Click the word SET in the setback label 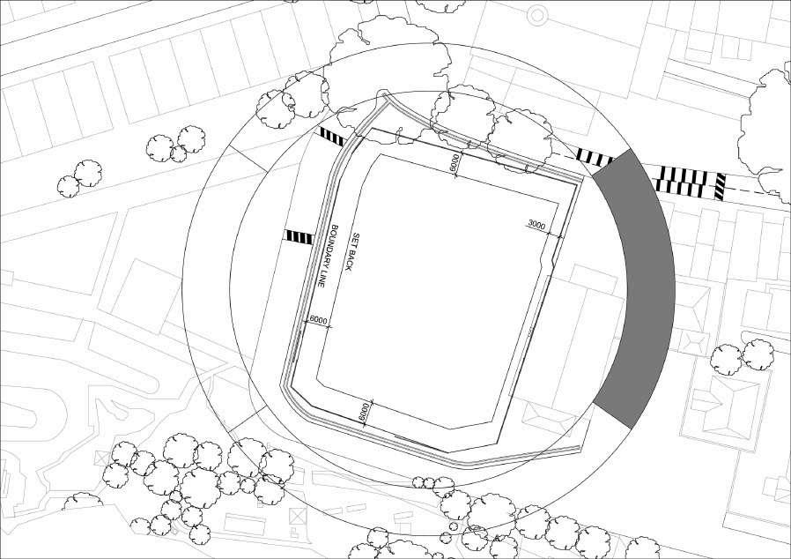point(357,239)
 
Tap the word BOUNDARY point(334,248)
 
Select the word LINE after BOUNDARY point(324,279)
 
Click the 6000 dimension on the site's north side point(454,162)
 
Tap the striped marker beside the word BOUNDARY point(298,236)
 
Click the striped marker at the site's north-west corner point(331,137)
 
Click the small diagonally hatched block point(720,185)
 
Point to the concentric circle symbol point(537,13)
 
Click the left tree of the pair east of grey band point(727,360)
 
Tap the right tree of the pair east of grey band point(757,354)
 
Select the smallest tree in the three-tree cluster point(179,154)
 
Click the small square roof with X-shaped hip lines point(695,341)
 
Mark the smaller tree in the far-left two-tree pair point(69,186)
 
